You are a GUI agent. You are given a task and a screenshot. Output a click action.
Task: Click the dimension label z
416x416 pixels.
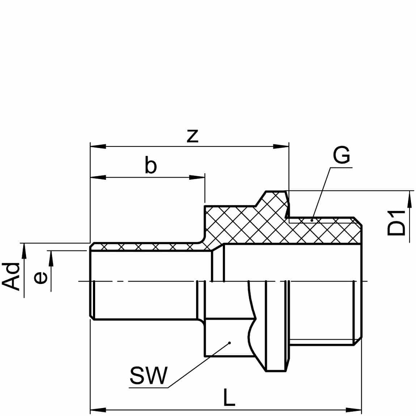point(192,136)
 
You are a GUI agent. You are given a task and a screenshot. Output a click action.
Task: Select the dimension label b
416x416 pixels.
point(151,165)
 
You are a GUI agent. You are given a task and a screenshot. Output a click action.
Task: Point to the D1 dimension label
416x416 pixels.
point(396,223)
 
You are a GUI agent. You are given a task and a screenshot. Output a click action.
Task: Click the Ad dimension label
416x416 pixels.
point(11,276)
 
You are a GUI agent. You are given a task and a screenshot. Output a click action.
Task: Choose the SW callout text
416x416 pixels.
point(149,375)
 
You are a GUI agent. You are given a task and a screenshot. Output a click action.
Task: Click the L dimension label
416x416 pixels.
point(229,397)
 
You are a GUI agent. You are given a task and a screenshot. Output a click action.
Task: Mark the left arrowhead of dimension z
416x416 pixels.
point(98,147)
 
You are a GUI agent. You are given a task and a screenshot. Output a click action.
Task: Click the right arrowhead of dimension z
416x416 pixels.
point(281,147)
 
